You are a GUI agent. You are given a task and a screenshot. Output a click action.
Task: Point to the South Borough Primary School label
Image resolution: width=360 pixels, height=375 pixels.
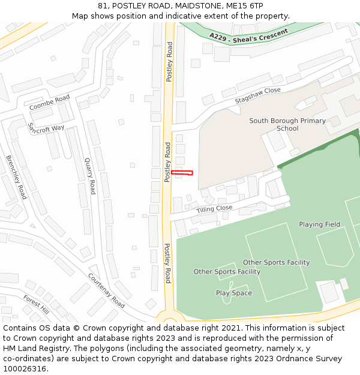(x=287, y=124)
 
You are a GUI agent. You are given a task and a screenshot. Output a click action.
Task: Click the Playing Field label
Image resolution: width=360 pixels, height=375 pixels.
(x=319, y=224)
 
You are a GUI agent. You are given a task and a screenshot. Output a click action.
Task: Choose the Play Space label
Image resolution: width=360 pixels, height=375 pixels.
(x=234, y=293)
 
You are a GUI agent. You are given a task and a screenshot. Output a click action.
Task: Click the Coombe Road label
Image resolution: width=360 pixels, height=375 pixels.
(x=50, y=103)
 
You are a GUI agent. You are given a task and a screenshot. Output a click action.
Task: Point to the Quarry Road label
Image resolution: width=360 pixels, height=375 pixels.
(x=90, y=176)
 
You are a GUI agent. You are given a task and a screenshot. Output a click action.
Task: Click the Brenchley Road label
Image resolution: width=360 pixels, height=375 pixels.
(x=16, y=177)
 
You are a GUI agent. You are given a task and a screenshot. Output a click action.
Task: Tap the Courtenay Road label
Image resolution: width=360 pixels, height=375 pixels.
(x=106, y=290)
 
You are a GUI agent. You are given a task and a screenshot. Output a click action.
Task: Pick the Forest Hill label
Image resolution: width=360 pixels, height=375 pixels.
(x=36, y=304)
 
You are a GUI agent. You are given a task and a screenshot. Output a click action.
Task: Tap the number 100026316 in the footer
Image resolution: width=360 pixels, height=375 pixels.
(x=25, y=369)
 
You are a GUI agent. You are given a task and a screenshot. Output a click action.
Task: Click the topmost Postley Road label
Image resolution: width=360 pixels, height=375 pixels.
(x=169, y=62)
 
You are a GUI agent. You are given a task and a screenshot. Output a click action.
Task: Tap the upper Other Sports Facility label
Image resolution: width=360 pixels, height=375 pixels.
(x=276, y=262)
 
